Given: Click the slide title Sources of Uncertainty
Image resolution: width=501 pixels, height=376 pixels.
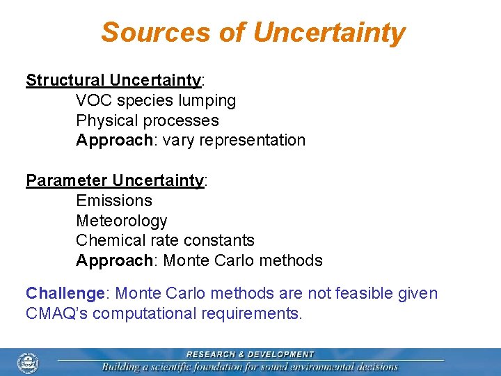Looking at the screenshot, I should pos(253,32).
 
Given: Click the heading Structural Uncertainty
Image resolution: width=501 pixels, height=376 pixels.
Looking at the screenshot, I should pos(113,80).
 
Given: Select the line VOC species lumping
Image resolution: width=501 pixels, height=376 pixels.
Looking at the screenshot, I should pos(156,100).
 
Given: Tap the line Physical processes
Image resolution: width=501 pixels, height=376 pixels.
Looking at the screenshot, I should pos(147,120).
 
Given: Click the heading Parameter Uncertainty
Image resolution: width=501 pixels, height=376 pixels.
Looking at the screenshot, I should pos(115,180).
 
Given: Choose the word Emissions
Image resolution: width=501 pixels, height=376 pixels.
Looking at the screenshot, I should pos(113,201).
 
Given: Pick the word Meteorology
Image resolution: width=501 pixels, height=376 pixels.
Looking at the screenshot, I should pos(122,221).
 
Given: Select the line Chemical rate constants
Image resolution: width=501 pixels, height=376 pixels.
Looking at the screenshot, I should pos(165,240).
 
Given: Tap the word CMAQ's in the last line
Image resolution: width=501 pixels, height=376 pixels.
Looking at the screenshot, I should pos(56,313).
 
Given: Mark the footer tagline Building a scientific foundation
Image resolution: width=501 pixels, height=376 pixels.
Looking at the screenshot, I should pos(250,367).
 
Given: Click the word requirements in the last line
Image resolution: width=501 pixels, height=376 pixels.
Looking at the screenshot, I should pos(247,313).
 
